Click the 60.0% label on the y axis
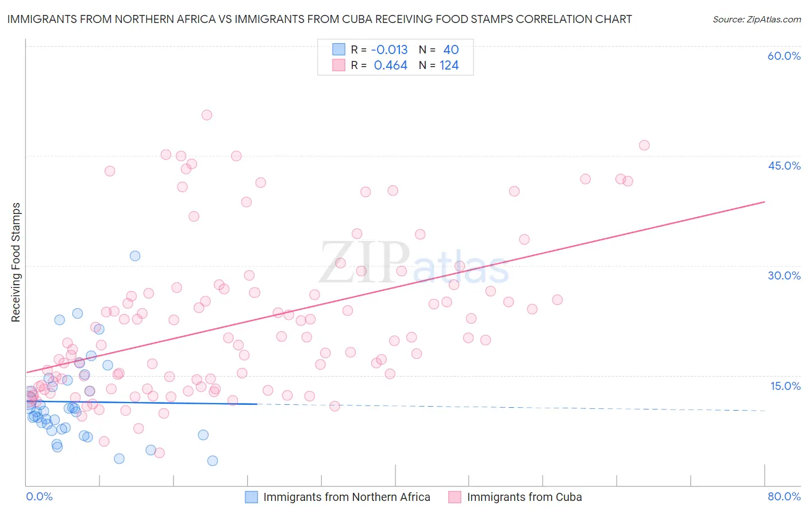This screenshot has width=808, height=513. [784, 56]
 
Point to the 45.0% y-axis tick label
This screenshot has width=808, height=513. [784, 166]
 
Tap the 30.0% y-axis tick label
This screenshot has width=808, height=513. [784, 275]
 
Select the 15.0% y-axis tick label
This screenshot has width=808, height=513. [785, 386]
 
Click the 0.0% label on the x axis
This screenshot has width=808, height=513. [39, 496]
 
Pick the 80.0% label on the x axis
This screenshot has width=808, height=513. [784, 496]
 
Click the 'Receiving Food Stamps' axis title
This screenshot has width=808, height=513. [16, 262]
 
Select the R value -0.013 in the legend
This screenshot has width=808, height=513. [389, 49]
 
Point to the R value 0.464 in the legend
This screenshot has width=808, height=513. [390, 66]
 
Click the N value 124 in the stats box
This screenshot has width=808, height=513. [449, 66]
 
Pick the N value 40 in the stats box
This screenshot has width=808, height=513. [451, 49]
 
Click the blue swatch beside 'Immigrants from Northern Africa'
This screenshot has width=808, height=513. [252, 497]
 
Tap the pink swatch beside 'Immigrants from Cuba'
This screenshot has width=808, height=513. [455, 497]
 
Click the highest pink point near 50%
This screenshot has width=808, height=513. [207, 115]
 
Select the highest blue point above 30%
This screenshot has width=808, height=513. [135, 256]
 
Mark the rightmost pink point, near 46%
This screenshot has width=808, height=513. [644, 146]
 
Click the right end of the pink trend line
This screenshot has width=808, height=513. [764, 202]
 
